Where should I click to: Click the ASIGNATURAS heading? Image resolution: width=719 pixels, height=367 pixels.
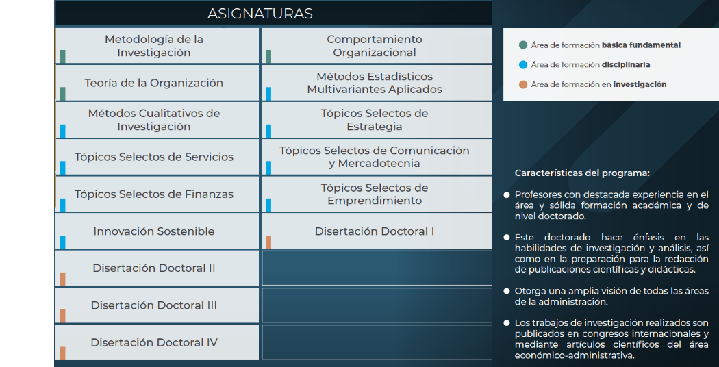coord(260,14)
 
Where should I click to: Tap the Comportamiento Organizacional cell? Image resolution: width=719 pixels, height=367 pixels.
coord(375,46)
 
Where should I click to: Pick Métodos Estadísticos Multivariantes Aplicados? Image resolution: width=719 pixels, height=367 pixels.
coord(375,83)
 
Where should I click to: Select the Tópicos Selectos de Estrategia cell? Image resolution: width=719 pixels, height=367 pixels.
coord(375,120)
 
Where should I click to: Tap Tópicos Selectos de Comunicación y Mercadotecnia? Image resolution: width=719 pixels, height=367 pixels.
coord(375,157)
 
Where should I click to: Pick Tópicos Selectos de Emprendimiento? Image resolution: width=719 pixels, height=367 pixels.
coord(375,194)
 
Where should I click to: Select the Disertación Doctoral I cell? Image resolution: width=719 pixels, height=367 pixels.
coord(375,231)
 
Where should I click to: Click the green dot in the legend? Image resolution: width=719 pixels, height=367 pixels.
coord(523,45)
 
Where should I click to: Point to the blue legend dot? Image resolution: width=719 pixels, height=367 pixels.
coord(523,65)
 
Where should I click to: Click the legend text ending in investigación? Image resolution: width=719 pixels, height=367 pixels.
coord(598,84)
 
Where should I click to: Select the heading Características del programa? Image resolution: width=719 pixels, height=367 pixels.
coord(582,173)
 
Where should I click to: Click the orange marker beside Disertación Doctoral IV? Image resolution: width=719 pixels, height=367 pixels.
coord(62,353)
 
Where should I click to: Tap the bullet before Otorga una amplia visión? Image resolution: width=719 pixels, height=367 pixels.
coord(507,291)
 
